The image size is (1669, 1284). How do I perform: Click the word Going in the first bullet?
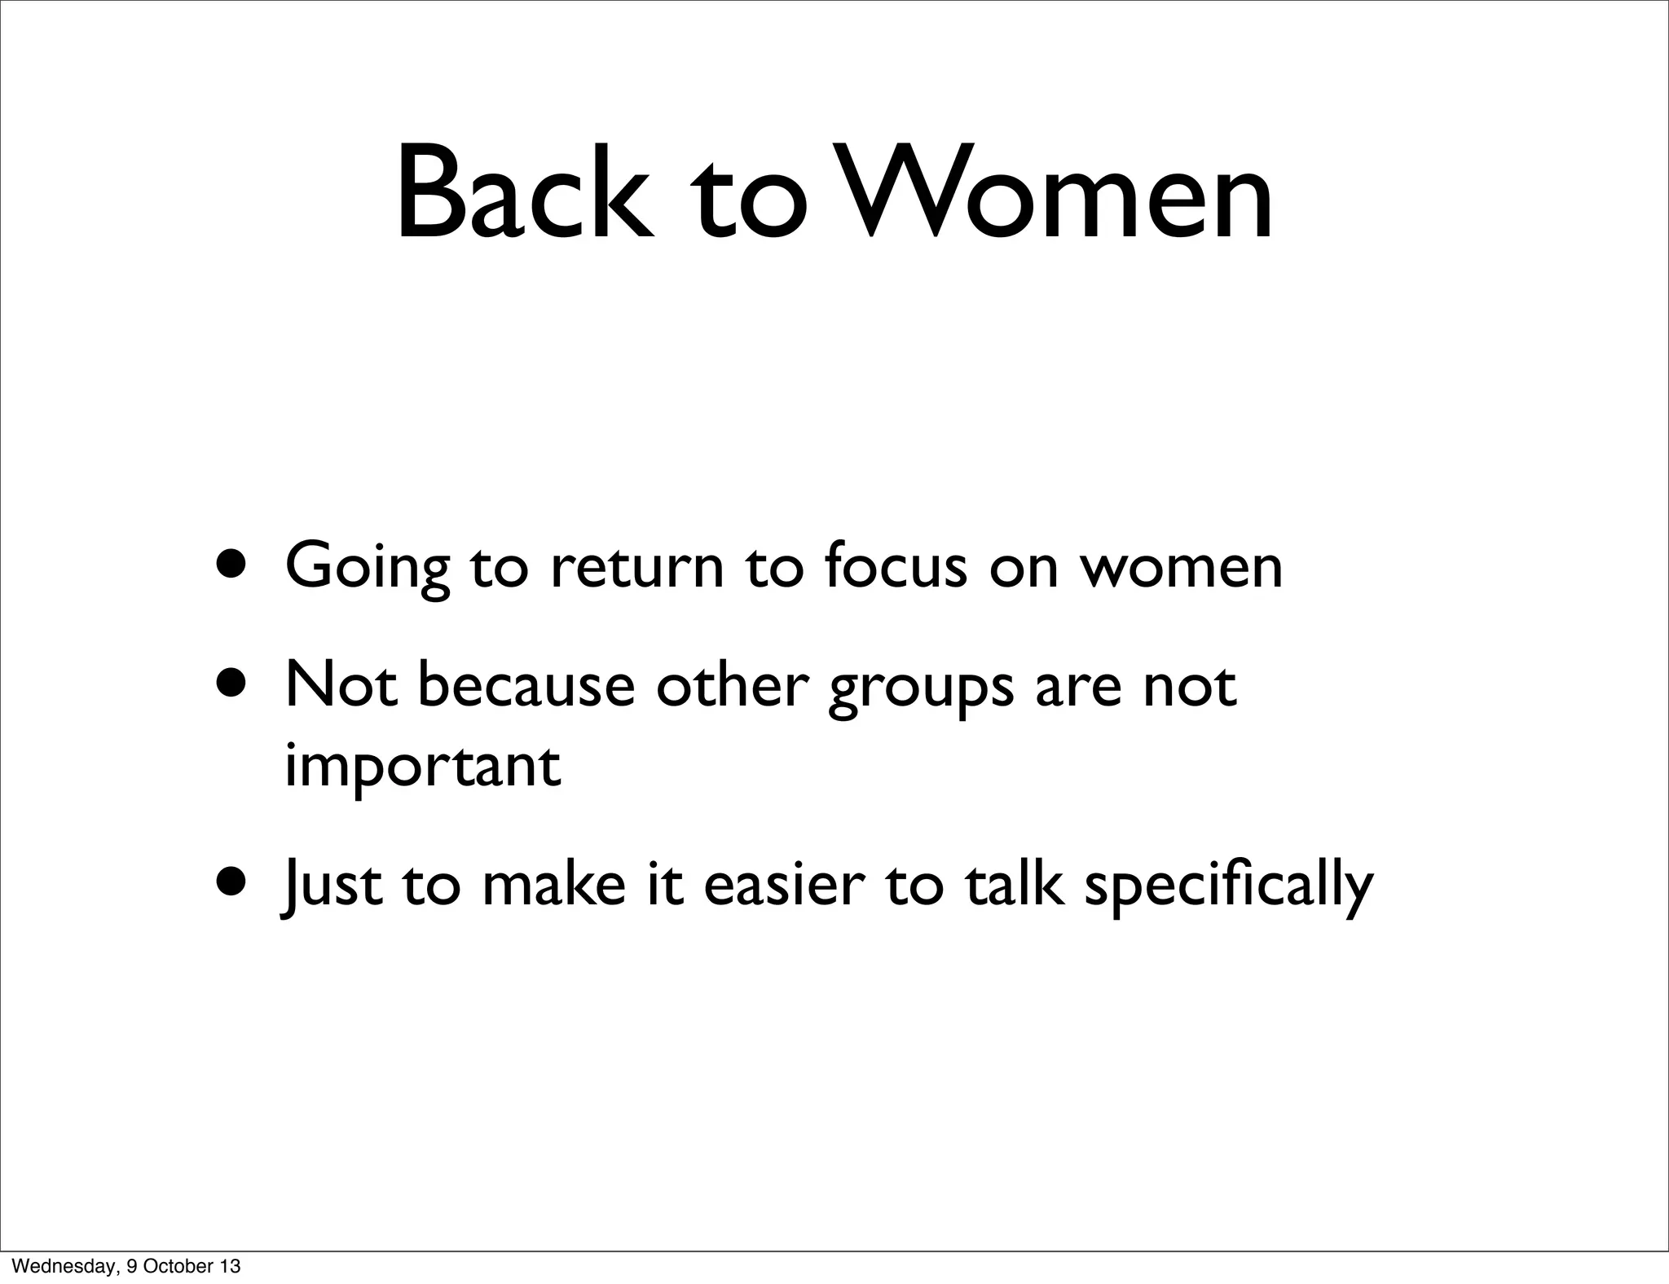(x=367, y=565)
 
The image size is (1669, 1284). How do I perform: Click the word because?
(x=526, y=685)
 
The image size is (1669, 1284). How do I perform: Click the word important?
(x=422, y=767)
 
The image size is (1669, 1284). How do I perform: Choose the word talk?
(x=1014, y=885)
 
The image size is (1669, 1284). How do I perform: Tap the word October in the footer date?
(x=183, y=1266)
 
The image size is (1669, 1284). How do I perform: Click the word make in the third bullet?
(x=553, y=885)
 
